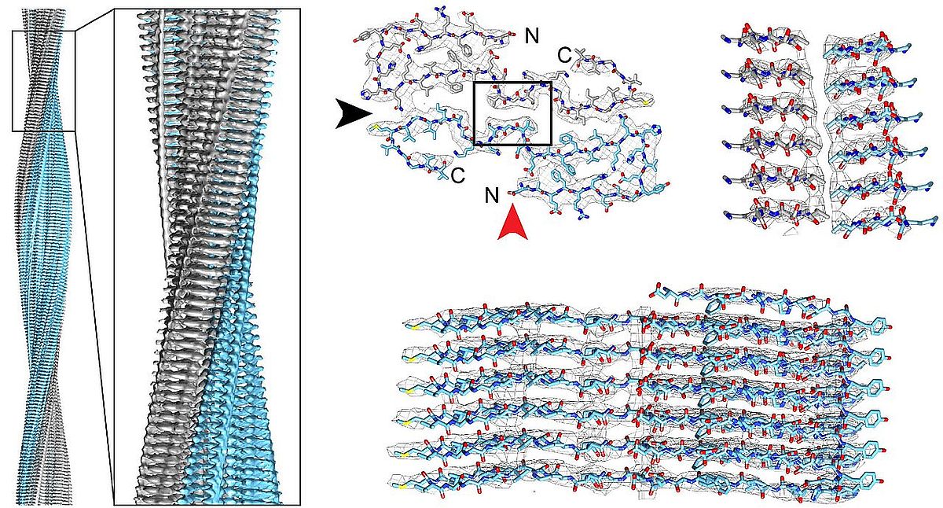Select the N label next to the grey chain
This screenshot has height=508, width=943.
pyautogui.click(x=531, y=34)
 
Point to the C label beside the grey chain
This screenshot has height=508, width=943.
pyautogui.click(x=563, y=55)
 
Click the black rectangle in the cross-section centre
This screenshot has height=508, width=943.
pyautogui.click(x=512, y=112)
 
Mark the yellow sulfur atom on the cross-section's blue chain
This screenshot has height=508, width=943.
pyautogui.click(x=376, y=126)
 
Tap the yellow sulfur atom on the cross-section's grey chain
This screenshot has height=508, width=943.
pyautogui.click(x=644, y=102)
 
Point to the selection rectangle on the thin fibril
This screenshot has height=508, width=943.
pyautogui.click(x=43, y=80)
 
